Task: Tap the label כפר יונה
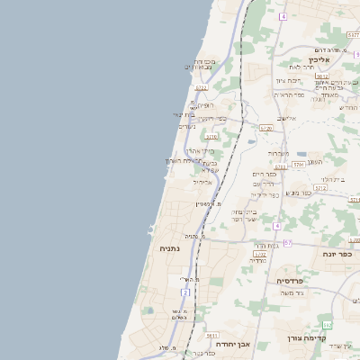[337, 255]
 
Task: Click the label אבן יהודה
[232, 343]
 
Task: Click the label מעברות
[278, 153]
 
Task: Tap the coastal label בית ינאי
[184, 114]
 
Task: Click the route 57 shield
[287, 243]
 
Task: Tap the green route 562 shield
[324, 324]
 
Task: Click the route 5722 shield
[201, 88]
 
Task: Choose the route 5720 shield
[265, 129]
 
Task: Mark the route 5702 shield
[259, 254]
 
